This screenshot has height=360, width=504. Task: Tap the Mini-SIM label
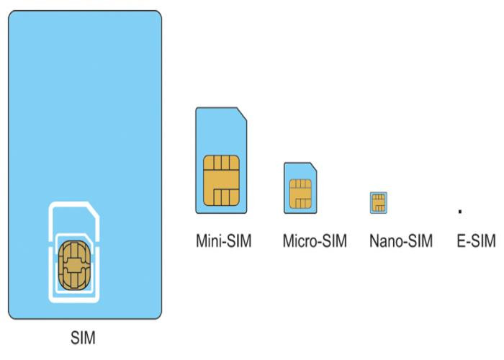[224, 240]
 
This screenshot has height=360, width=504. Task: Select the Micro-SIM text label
[315, 240]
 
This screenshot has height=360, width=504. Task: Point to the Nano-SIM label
[400, 240]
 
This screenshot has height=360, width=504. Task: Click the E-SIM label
[476, 240]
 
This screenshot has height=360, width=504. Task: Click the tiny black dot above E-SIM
[460, 212]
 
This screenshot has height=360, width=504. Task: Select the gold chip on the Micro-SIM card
[299, 192]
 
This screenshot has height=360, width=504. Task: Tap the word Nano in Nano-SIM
[384, 240]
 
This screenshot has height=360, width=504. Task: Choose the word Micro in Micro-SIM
[298, 240]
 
